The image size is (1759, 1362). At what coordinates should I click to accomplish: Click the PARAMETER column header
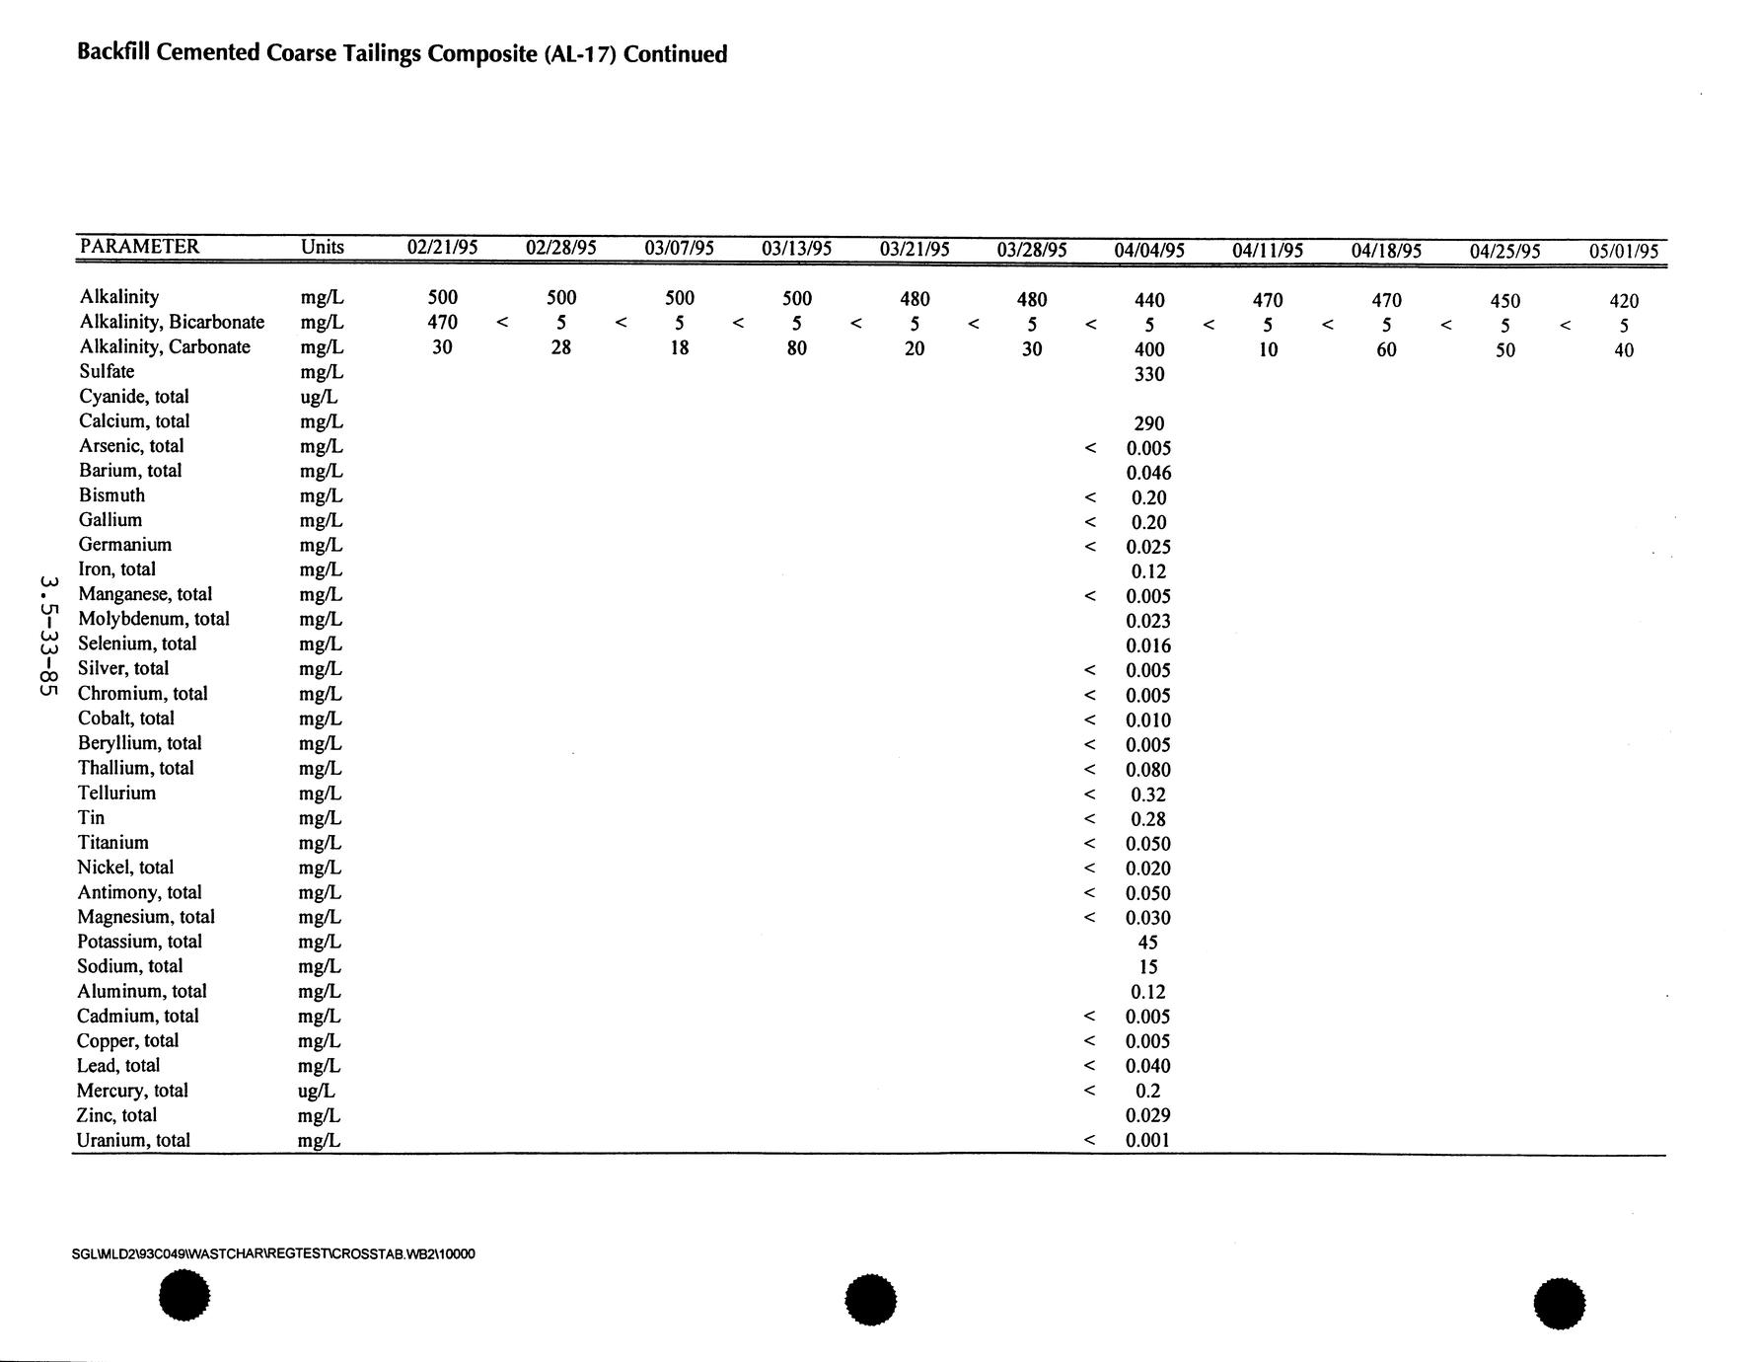139,247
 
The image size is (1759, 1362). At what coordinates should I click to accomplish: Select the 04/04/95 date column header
1149,251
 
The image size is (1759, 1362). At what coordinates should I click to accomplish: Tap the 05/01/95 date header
1624,252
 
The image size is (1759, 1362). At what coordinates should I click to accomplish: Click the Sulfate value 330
1149,374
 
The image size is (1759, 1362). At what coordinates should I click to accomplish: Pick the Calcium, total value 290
1149,423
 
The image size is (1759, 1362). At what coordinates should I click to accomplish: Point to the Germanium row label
124,545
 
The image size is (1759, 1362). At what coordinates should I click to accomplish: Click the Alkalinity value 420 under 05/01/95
1624,301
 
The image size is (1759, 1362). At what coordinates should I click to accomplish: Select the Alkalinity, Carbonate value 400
1149,349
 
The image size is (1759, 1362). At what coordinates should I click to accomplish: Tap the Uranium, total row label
133,1140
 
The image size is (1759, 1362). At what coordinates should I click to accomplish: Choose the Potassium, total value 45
1148,943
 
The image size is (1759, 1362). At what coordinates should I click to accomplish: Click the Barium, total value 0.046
1148,473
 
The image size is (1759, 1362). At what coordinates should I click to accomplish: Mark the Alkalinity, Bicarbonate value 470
442,322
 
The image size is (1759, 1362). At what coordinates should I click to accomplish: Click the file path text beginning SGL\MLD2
273,1254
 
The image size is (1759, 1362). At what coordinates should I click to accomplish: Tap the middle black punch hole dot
870,1300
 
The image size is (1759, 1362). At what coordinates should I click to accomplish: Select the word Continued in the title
675,54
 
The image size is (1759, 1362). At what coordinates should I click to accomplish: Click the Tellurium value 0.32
1148,794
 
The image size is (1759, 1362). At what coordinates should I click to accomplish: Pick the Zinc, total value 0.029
1148,1115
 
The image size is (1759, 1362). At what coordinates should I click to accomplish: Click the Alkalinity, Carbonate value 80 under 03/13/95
797,347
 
